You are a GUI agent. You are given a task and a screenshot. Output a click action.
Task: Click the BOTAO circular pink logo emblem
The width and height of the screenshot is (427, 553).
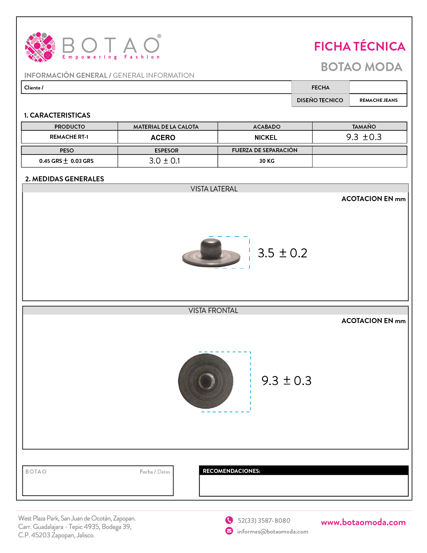coord(40,47)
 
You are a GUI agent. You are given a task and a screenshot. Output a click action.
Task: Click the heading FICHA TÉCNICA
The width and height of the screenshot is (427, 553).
coord(359,47)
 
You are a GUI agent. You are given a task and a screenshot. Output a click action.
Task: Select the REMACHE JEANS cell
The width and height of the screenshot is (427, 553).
coord(378,100)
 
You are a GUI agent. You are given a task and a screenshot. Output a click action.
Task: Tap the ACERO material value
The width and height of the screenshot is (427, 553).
coord(163,137)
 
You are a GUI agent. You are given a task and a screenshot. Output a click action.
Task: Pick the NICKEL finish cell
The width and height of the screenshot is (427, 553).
coord(266,137)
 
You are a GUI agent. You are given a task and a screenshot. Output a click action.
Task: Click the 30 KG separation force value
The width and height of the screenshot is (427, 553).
coord(267,161)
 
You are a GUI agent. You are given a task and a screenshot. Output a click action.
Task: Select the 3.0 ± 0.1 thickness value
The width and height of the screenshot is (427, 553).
coord(164,161)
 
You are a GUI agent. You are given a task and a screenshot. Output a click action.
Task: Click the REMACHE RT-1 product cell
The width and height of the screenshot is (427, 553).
coord(69,137)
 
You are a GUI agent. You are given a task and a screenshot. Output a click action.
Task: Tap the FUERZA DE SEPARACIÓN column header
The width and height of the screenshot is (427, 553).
coord(265,150)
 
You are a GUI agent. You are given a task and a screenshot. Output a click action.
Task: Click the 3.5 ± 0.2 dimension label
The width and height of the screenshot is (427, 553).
coord(282,253)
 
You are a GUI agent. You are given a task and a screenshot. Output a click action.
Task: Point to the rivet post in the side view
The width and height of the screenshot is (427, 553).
coord(211,247)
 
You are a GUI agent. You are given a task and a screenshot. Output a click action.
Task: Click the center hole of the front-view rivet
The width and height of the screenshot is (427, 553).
coord(205,381)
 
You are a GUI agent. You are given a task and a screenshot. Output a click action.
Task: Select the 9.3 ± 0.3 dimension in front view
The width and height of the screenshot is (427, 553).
coord(286,381)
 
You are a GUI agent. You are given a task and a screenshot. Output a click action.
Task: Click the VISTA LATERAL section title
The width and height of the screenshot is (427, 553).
coord(214,189)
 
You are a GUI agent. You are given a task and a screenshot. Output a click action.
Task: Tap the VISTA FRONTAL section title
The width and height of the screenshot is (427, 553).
coord(213,311)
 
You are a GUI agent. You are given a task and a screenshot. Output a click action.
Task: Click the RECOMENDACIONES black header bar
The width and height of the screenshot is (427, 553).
coord(303,471)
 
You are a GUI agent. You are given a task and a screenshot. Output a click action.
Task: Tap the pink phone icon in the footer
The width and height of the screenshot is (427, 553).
coord(229,520)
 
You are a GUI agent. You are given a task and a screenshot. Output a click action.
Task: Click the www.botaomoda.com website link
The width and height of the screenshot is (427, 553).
coord(363,522)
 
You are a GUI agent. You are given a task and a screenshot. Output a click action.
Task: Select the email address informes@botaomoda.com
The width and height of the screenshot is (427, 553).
coord(273,532)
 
